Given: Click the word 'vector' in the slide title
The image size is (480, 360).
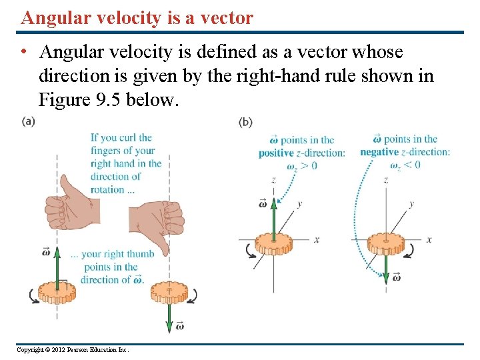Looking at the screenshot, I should (225, 17).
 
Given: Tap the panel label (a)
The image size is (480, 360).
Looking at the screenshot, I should (29, 121).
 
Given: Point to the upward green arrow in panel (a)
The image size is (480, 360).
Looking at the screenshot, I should (57, 264).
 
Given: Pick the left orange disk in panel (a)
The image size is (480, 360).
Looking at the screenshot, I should (57, 291).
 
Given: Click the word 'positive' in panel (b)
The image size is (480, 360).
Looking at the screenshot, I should (276, 153).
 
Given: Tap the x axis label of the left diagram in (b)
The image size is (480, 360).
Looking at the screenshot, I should (317, 239).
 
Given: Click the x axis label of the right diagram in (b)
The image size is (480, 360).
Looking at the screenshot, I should (429, 239).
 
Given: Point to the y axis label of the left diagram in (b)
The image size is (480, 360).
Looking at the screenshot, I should (299, 204).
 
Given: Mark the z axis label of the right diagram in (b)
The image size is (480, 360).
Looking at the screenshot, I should (386, 180).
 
